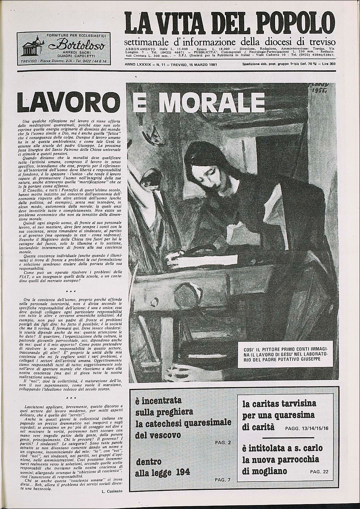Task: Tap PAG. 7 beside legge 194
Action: pos(222,480)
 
